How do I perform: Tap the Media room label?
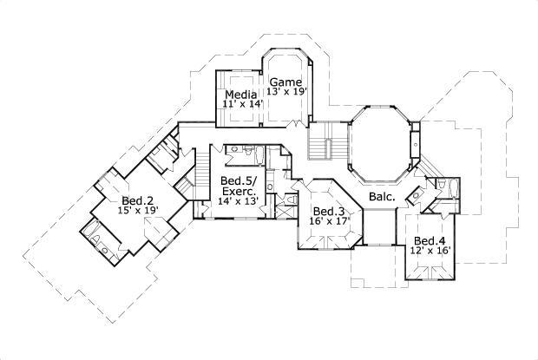239,94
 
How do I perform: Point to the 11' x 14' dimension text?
242,104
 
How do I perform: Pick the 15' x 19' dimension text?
137,209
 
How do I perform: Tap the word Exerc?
239,191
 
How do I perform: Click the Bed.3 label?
329,212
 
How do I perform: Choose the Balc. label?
382,197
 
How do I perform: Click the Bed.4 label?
430,241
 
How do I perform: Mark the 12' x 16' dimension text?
430,252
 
